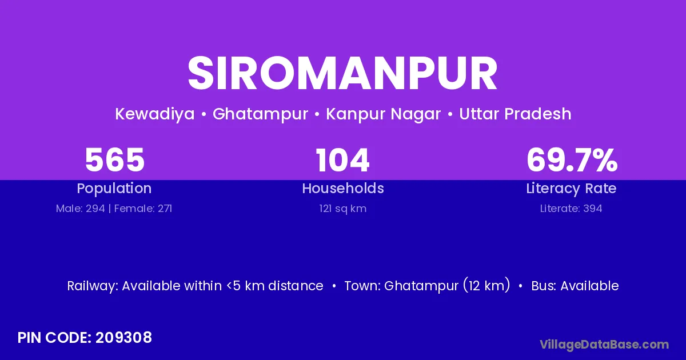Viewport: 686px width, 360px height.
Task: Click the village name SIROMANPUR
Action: (342, 73)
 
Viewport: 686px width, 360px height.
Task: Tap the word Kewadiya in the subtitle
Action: (155, 114)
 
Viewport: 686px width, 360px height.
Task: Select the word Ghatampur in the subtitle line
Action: (260, 114)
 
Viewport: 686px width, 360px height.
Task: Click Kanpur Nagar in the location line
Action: (384, 114)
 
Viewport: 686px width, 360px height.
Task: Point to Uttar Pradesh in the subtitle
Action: (516, 114)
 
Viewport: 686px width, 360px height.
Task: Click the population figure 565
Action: (114, 160)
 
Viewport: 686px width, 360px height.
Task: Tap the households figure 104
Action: (342, 160)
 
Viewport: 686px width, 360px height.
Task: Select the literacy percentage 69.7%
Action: (572, 160)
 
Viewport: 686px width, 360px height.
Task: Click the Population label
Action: (114, 189)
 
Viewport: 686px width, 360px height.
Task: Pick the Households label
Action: (343, 188)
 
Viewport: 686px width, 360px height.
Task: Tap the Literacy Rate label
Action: (572, 189)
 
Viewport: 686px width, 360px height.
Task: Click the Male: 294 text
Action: (80, 209)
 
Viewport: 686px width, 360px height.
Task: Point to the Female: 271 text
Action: (143, 209)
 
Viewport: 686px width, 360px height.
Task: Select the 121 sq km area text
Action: (342, 209)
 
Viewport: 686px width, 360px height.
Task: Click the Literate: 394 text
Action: (571, 209)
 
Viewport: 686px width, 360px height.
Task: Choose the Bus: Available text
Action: (575, 286)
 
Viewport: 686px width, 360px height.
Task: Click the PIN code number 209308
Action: (123, 338)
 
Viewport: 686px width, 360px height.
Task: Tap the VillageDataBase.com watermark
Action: (604, 345)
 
